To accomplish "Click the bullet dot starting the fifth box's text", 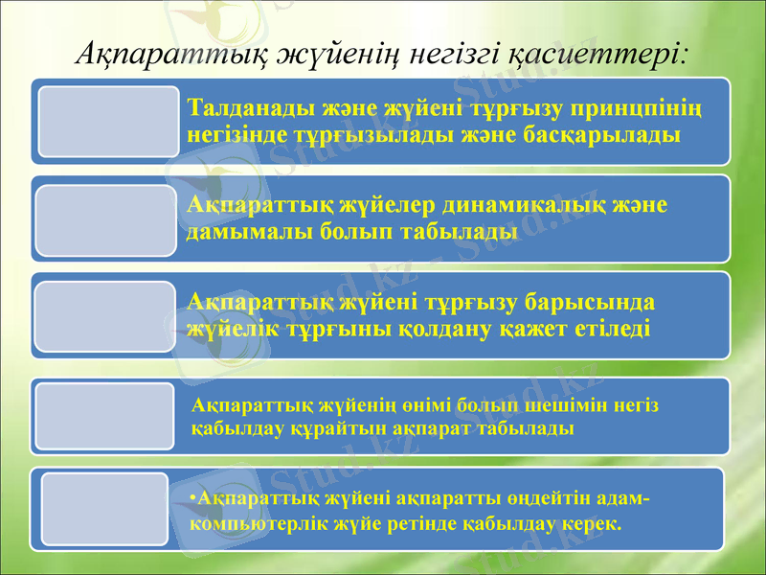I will point(192,498).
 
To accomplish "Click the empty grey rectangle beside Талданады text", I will point(107,121).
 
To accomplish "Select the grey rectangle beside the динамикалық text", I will point(107,220).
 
